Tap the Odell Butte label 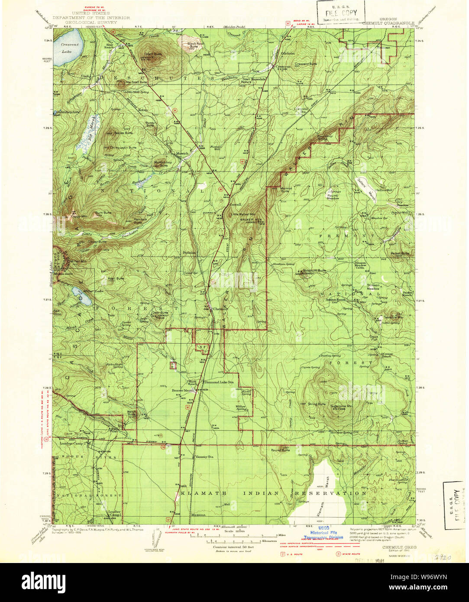152,54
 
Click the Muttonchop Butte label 161,164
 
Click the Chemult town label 220,309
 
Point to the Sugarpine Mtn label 342,407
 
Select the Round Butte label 281,450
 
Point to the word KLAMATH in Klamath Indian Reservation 198,493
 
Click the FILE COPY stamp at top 340,13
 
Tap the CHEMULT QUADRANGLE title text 388,23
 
